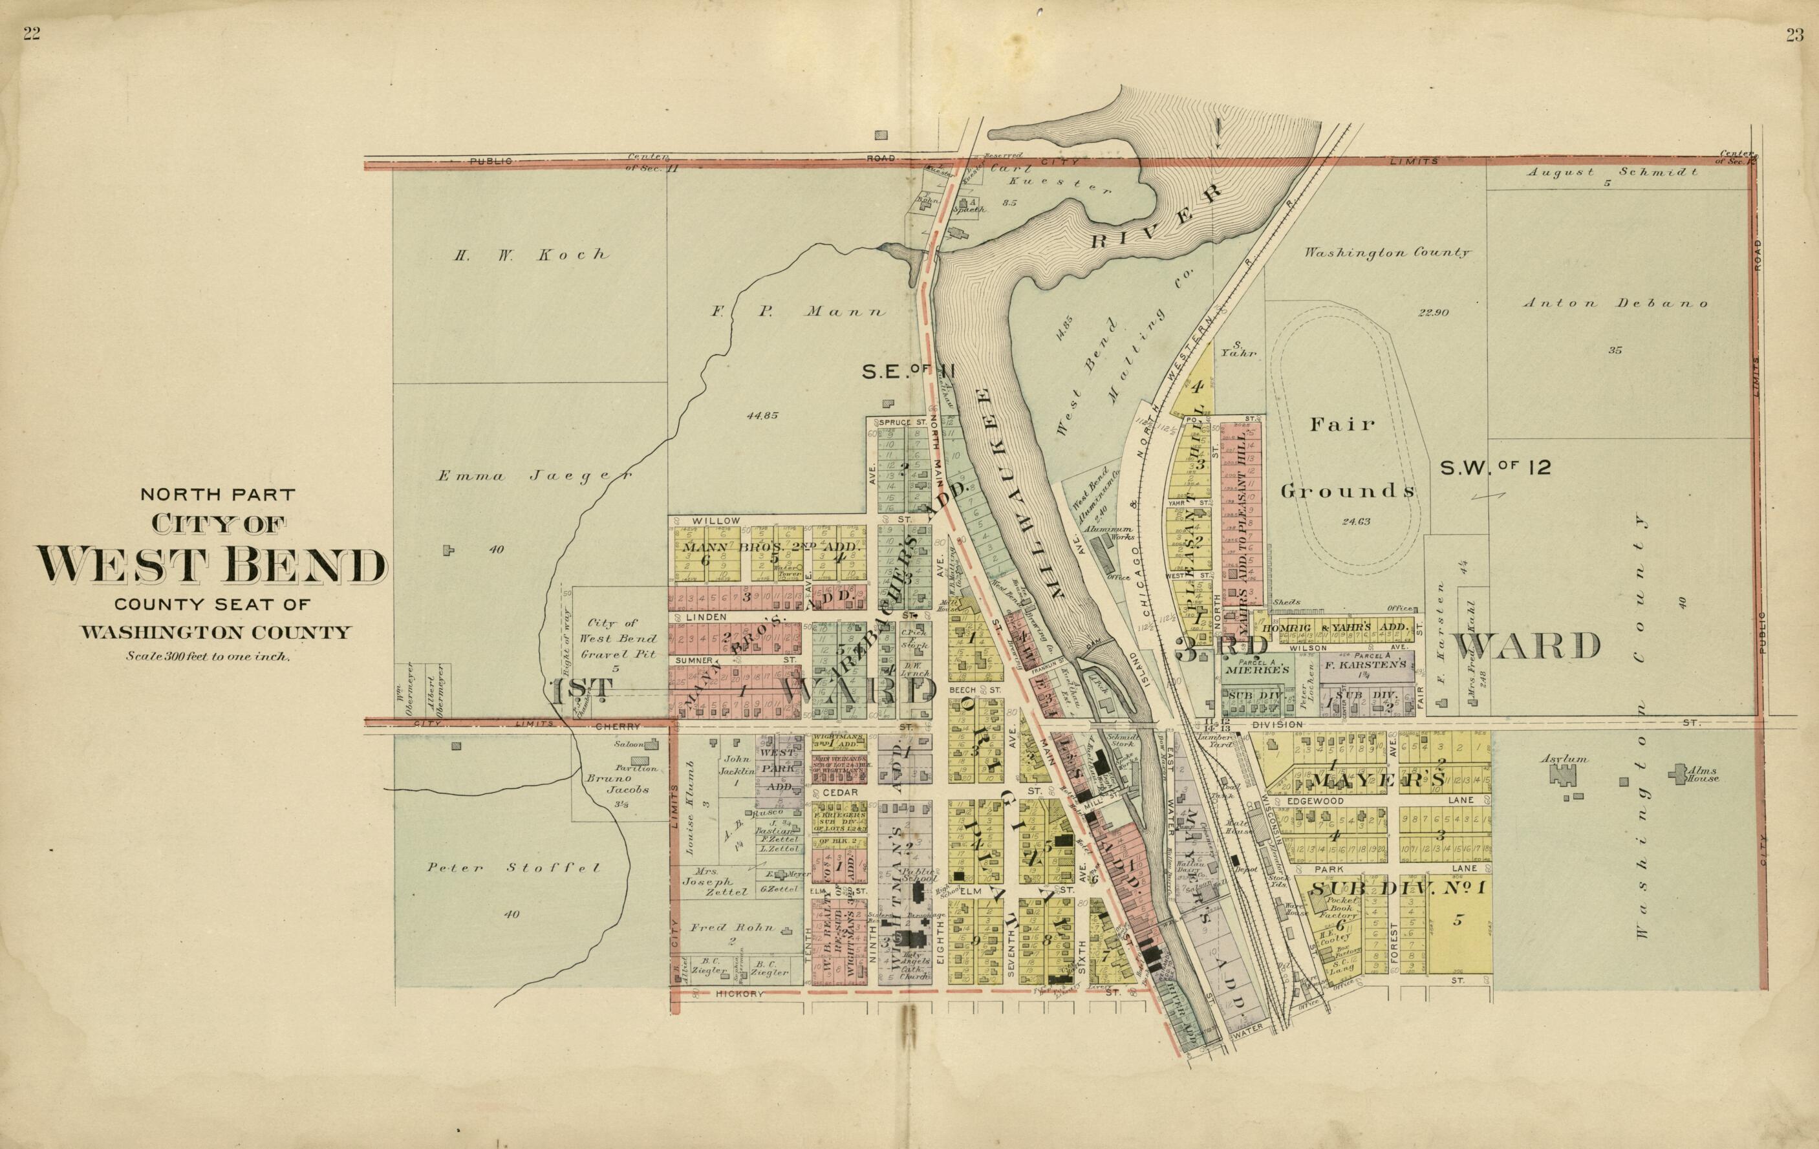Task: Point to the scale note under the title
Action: click(208, 656)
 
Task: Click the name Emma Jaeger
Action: click(534, 476)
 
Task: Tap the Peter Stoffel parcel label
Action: click(513, 868)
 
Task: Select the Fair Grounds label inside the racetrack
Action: click(1347, 458)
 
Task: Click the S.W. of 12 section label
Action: click(1496, 467)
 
